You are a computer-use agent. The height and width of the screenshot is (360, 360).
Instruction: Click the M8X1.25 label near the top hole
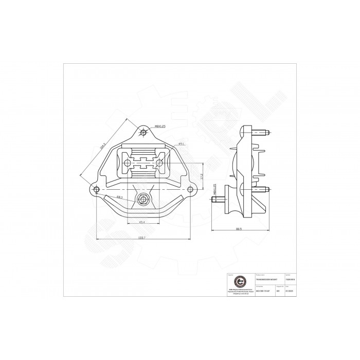coord(160,126)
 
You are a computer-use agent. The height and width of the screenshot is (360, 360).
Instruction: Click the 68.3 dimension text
coord(119,196)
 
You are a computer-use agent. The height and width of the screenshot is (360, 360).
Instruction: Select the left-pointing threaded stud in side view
coord(218,199)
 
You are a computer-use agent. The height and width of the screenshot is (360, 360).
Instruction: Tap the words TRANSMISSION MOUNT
coord(267,279)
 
